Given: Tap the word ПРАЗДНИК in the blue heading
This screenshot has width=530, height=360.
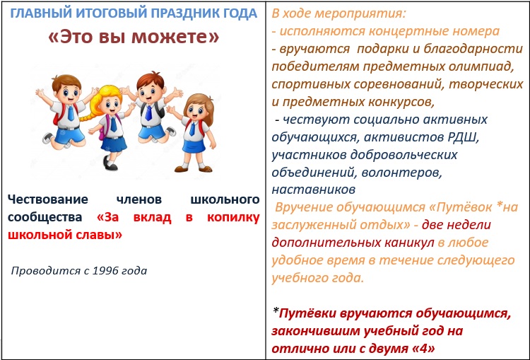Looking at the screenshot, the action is click(x=182, y=13).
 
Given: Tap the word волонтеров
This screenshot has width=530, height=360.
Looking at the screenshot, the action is click(x=401, y=173).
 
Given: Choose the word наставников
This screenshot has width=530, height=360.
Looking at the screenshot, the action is click(x=313, y=190).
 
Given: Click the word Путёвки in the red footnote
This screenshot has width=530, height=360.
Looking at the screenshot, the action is click(x=308, y=313).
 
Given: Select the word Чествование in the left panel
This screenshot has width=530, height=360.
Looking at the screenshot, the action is click(x=48, y=199).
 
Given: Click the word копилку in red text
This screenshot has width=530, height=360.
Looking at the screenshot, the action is click(x=233, y=217).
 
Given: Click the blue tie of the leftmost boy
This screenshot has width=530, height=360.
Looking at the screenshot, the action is click(x=71, y=112).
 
